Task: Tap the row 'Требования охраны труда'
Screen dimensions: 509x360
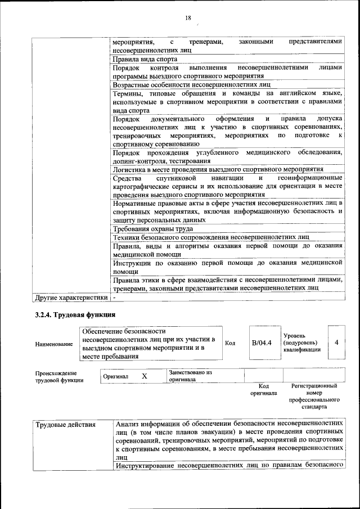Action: click(x=152, y=229)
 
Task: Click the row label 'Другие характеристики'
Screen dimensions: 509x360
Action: click(x=71, y=297)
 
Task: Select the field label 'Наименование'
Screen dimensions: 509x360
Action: click(x=54, y=344)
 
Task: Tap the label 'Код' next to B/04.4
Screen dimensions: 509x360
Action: click(x=229, y=343)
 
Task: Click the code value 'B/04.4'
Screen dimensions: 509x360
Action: click(x=262, y=343)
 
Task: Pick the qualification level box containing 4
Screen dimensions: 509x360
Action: click(x=336, y=342)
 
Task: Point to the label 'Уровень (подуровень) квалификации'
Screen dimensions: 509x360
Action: click(x=303, y=343)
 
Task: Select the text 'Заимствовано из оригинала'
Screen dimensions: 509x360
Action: click(x=190, y=376)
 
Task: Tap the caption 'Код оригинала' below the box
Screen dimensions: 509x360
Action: click(x=263, y=390)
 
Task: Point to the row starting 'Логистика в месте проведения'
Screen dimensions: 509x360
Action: click(x=218, y=169)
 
